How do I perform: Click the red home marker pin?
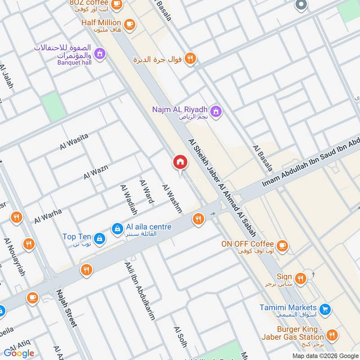coord(180,162)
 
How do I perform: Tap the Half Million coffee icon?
coord(130,24)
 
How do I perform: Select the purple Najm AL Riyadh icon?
coord(216,111)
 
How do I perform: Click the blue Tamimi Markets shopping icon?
coord(325,310)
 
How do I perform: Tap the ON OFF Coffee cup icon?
coord(282,245)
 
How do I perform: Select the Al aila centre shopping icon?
coord(117,229)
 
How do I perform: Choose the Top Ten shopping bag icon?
coord(100,238)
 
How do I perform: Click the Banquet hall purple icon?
coord(100,54)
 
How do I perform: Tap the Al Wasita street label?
coord(74,141)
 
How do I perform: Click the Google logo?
coord(19,353)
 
